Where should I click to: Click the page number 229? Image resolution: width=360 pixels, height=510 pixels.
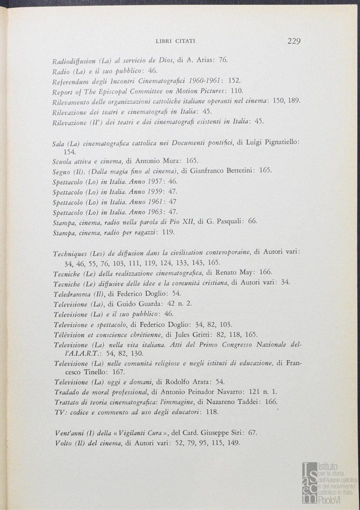coord(293,41)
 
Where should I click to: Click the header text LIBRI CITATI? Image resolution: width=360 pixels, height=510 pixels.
coord(175,42)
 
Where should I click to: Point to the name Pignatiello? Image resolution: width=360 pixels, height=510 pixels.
coord(279,142)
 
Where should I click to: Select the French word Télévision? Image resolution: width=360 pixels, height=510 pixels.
coord(70,334)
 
